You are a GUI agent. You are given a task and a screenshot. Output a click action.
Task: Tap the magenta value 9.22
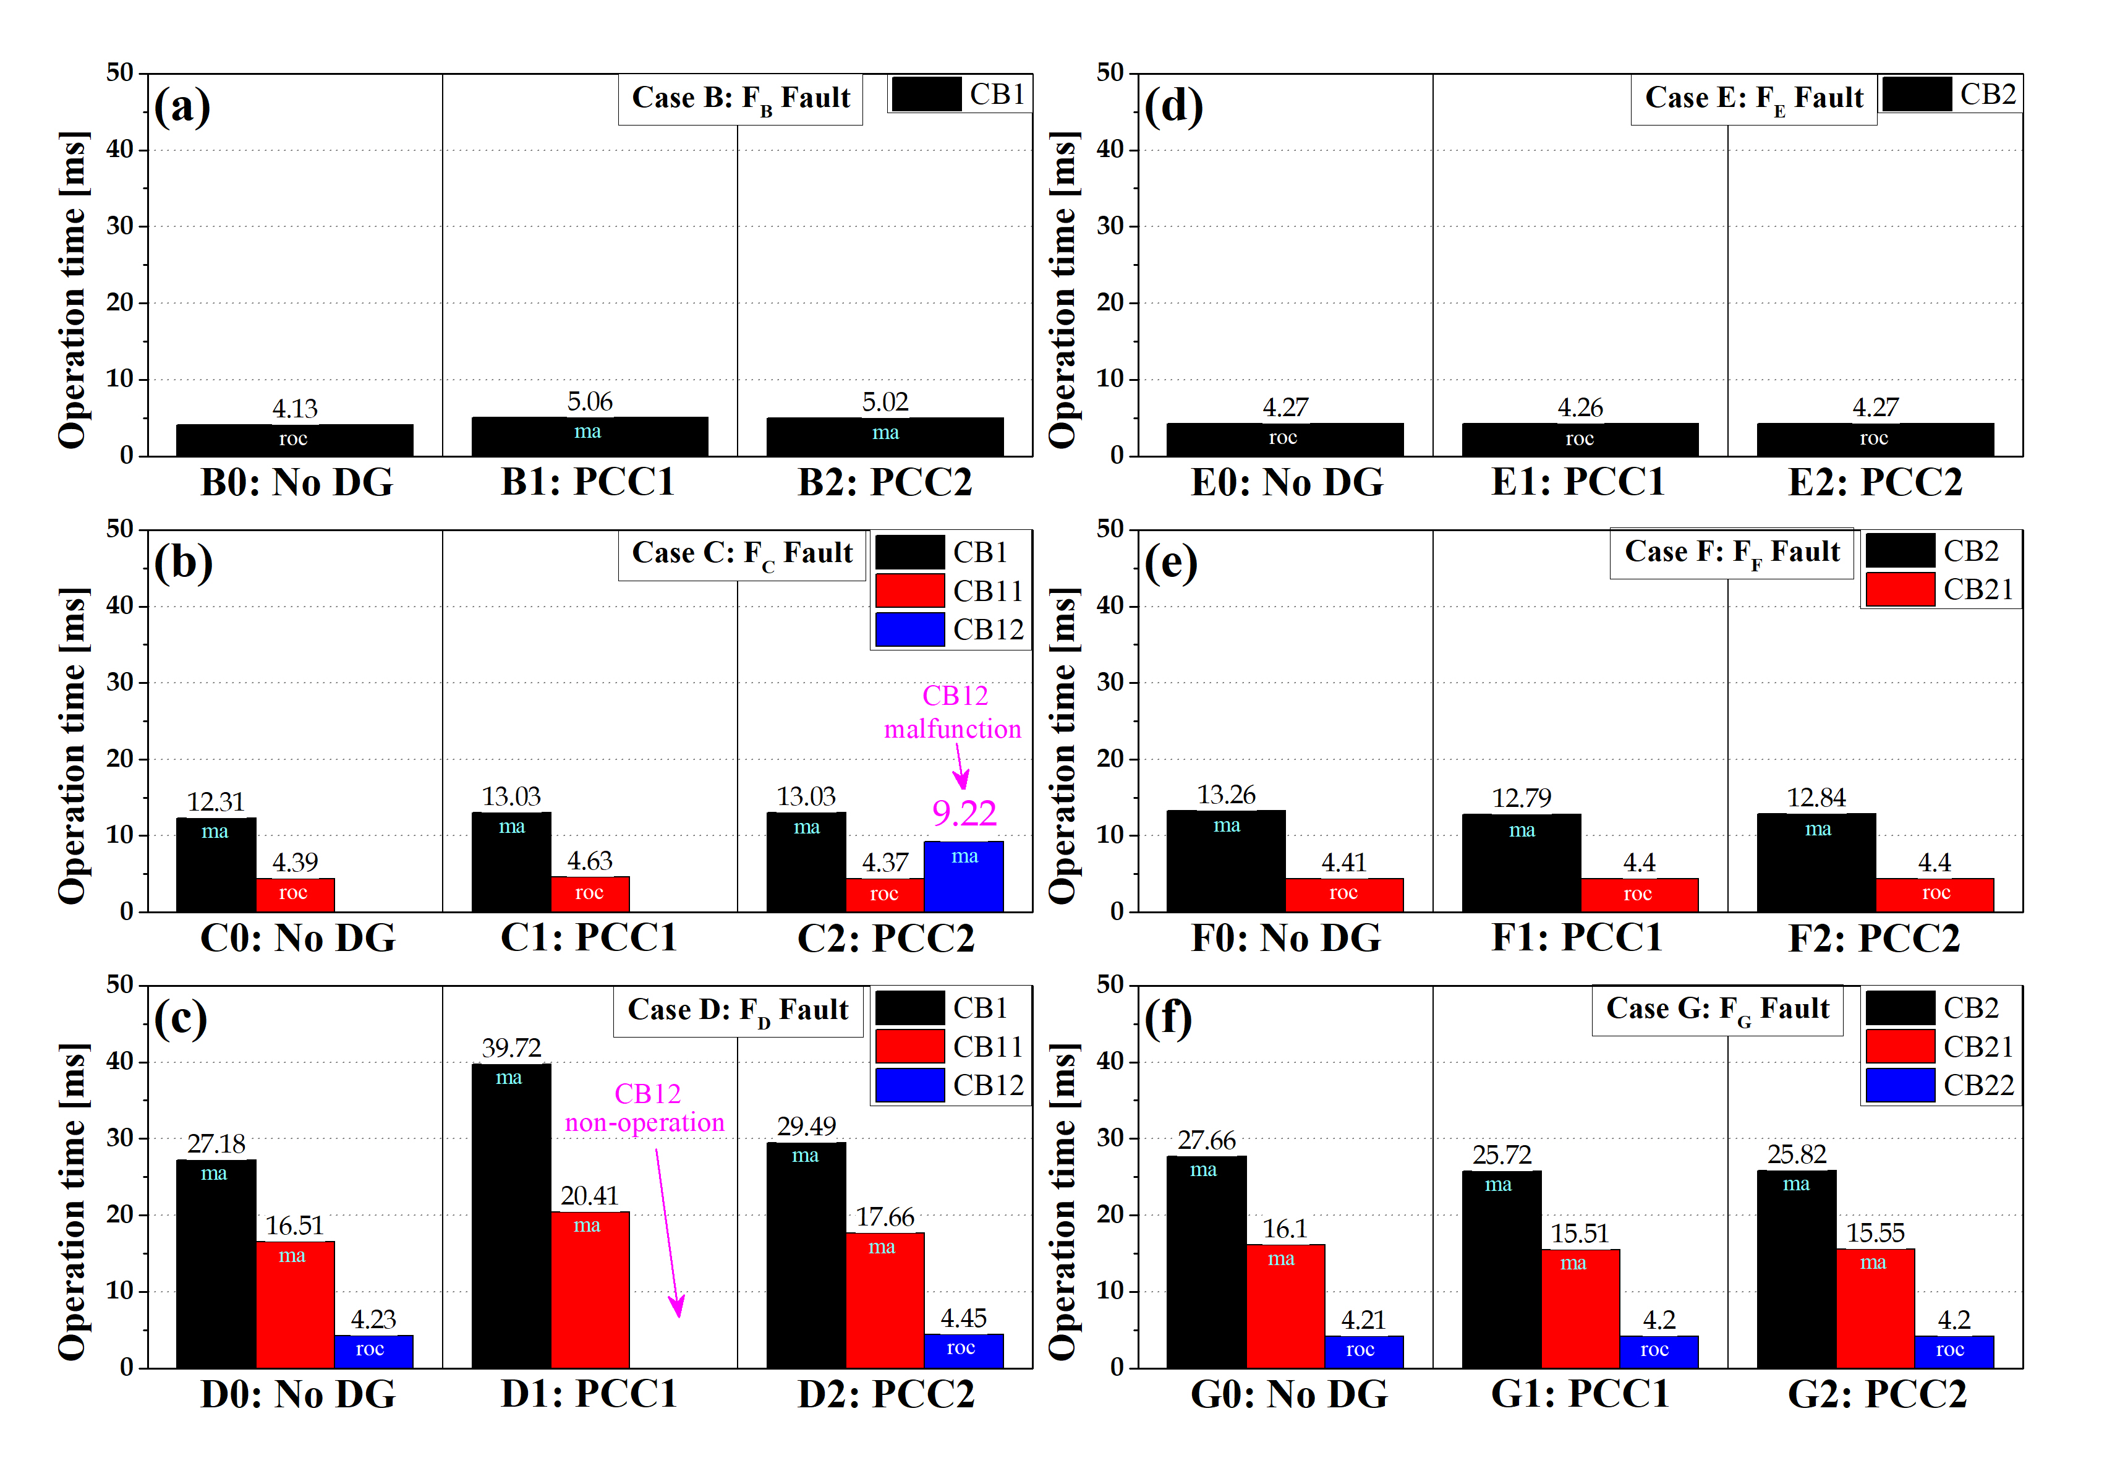(x=964, y=813)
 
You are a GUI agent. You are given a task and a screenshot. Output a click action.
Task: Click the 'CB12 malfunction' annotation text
(x=953, y=712)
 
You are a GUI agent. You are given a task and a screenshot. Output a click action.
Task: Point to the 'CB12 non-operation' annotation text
(x=645, y=1107)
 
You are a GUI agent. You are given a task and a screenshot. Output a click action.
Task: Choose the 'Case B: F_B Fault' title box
(x=741, y=98)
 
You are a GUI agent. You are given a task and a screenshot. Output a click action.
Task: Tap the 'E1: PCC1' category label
(x=1578, y=482)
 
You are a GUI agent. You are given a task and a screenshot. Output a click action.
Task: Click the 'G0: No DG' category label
(x=1288, y=1394)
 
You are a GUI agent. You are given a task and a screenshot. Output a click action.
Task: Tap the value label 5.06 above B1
(x=589, y=401)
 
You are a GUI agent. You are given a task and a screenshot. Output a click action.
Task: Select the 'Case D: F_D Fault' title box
(x=738, y=1010)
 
